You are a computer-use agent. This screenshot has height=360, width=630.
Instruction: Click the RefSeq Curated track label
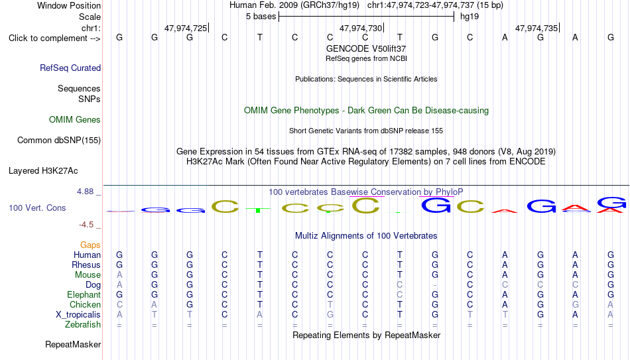pos(70,68)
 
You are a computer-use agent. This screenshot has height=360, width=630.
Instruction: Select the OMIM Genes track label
pos(75,120)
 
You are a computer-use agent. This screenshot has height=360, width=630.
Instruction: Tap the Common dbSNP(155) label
pos(59,141)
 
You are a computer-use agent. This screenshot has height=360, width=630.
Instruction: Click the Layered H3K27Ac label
pos(43,171)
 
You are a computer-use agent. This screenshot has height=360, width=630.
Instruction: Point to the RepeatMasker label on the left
pos(73,344)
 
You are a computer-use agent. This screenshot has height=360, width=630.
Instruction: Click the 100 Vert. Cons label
pos(37,208)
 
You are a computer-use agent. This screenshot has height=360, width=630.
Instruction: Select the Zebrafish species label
pos(83,324)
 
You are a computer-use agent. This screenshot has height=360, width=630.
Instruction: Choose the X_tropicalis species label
pos(78,315)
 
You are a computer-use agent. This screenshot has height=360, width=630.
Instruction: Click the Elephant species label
pos(84,294)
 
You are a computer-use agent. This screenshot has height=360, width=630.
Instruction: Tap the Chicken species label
pos(85,304)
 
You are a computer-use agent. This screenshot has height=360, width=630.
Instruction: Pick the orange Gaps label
pos(90,245)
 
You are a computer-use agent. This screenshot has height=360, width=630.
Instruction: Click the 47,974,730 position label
pos(361,28)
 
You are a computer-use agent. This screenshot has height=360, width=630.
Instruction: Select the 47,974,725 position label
pos(186,28)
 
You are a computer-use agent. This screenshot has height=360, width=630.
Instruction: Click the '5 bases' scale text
pos(261,17)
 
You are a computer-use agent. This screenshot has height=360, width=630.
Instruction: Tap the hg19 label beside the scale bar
pos(470,17)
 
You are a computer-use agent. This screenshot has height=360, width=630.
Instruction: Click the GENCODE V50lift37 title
pos(366,48)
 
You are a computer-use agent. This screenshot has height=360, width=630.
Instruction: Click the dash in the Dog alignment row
pos(435,285)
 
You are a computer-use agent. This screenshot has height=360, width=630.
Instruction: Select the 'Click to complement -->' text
pos(54,38)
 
